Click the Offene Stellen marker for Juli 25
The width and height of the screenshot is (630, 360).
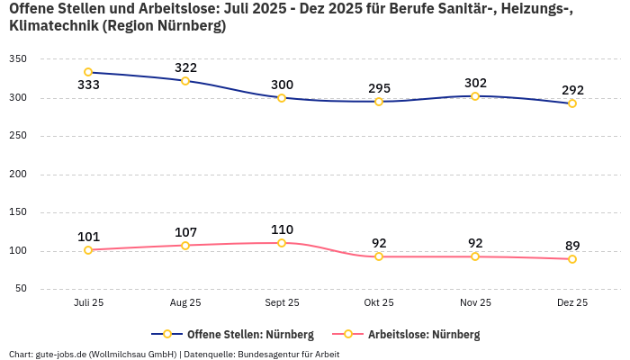88,72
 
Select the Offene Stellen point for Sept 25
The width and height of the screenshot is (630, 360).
282,97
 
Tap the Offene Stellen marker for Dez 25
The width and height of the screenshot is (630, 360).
572,103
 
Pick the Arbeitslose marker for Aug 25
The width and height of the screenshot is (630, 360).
185,246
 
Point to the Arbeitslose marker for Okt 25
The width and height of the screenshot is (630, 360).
379,256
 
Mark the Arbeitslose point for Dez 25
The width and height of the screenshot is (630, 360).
572,259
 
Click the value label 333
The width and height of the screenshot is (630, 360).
88,85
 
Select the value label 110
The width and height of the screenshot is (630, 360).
282,229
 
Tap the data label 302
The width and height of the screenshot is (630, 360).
475,83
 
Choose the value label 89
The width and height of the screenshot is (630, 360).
572,246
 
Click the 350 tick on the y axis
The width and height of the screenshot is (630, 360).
18,59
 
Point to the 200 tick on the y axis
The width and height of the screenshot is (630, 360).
18,174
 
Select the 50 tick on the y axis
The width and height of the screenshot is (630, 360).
21,289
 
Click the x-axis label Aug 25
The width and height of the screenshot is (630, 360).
185,303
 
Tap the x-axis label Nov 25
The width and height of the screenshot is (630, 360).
475,303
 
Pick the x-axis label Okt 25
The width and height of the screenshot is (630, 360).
379,303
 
